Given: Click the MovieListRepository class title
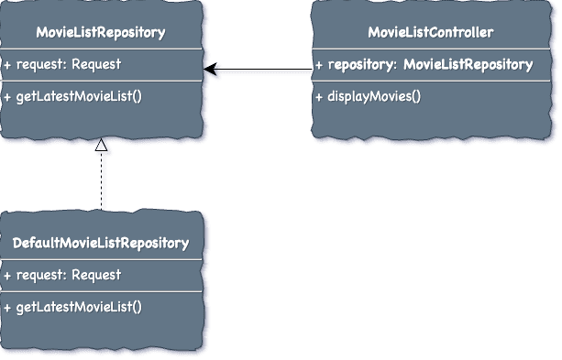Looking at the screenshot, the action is point(101,33).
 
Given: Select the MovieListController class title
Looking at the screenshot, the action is point(431,33).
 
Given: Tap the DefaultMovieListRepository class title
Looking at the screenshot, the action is point(101,244).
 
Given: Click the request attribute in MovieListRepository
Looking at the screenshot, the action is point(62,65).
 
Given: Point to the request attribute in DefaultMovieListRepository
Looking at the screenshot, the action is point(62,276).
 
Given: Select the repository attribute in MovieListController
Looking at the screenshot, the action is point(424,65).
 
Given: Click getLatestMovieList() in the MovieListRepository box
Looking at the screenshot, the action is point(72,96).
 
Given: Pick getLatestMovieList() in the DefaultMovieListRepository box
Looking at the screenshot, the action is point(72,307).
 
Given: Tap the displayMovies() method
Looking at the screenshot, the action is point(368,97).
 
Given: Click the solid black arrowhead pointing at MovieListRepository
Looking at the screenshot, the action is point(210,69).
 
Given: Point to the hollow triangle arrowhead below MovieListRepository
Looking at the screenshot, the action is point(101,145).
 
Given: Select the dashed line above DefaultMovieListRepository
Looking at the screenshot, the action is point(101,180).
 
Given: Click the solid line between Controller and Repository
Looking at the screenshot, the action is point(258,69).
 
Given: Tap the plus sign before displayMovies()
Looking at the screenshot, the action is point(319,97).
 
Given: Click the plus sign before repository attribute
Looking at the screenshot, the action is point(319,65).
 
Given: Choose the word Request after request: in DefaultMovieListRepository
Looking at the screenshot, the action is point(96,275).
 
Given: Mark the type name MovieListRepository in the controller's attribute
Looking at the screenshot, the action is point(468,65).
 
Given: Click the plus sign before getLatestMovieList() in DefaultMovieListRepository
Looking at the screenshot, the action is point(7,308).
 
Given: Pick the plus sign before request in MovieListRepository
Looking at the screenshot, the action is point(7,66).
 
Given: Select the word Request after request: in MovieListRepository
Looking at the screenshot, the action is point(96,64).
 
